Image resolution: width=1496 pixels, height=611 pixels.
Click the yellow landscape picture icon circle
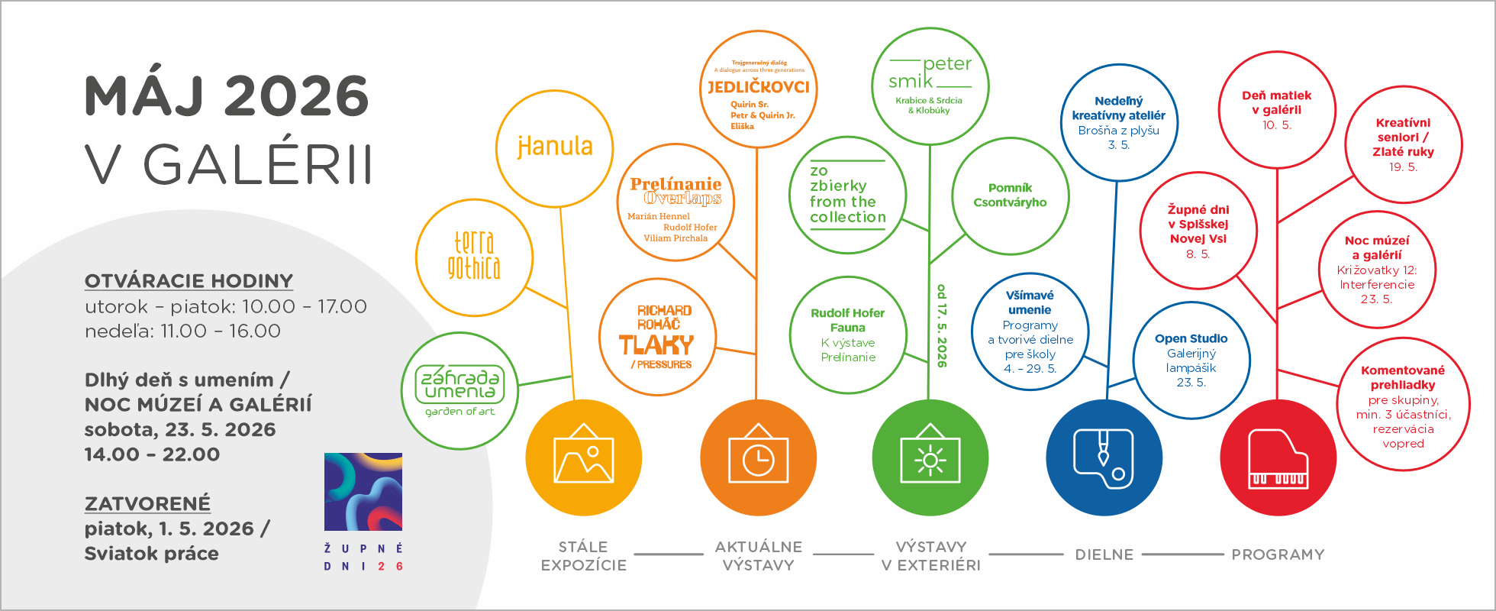[584, 457]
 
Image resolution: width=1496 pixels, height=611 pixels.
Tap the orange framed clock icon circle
[758, 457]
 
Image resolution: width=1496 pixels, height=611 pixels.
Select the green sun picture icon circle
[930, 457]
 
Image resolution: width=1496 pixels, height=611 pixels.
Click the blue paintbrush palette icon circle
[1104, 457]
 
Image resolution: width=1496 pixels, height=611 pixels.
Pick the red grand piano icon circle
[1278, 457]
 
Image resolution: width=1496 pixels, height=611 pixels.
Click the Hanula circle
[554, 147]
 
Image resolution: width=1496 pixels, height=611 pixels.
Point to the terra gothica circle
[474, 257]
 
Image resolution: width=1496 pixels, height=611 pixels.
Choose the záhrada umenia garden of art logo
[459, 390]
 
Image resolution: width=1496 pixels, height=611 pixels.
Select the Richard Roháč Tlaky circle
[657, 337]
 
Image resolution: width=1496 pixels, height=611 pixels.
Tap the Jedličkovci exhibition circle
[759, 89]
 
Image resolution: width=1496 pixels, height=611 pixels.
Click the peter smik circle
[930, 86]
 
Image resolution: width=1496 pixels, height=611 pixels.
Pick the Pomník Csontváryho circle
[1010, 196]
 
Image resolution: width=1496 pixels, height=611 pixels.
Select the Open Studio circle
[1191, 360]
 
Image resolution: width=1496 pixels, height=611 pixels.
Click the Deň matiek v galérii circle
[1277, 110]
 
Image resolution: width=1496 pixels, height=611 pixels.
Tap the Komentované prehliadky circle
[1403, 406]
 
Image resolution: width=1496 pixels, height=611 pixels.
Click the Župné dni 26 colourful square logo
[363, 493]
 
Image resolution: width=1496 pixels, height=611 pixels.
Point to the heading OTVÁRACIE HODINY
[189, 281]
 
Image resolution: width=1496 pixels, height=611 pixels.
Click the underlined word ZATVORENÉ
[147, 504]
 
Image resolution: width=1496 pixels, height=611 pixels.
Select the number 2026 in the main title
[297, 96]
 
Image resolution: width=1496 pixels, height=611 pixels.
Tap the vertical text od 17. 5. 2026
[942, 325]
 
